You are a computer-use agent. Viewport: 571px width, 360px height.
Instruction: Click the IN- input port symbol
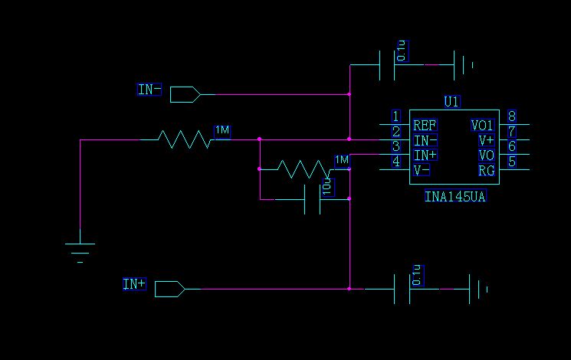click(185, 95)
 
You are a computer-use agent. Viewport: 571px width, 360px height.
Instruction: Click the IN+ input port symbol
click(169, 289)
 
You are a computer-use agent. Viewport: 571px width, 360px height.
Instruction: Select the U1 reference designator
click(452, 102)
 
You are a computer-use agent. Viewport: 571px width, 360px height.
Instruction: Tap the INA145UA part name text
click(455, 197)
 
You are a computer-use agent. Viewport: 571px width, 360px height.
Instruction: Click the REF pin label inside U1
click(425, 126)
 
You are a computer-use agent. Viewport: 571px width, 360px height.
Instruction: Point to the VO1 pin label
click(482, 126)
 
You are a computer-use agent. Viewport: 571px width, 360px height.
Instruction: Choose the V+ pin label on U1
click(487, 140)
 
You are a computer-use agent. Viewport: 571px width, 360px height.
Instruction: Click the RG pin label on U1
click(487, 170)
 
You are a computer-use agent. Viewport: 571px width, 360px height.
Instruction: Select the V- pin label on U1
click(422, 170)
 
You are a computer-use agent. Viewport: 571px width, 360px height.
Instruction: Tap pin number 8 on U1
click(512, 116)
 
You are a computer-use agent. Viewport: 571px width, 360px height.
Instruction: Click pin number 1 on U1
click(396, 116)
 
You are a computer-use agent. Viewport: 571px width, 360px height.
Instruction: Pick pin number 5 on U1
click(512, 162)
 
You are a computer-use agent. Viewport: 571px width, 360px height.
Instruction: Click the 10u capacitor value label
click(328, 187)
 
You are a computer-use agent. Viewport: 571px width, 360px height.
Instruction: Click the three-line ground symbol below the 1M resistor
click(80, 253)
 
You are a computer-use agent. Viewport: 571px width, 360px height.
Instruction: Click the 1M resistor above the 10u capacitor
click(304, 169)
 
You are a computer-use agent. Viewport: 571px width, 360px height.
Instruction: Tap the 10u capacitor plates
click(312, 199)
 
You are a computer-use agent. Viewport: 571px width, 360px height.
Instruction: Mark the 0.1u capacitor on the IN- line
click(387, 65)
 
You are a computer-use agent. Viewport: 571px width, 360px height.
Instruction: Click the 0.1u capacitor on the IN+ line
click(402, 289)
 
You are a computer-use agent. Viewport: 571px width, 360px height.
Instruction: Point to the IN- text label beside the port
click(149, 89)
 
